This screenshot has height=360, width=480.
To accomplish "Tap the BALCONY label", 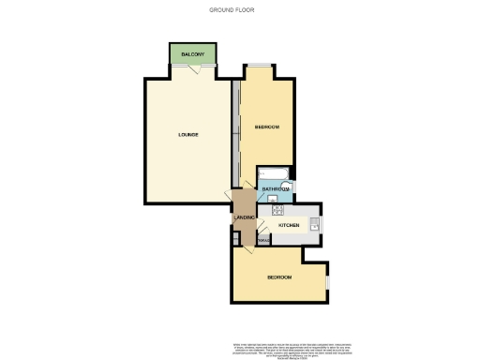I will click(x=193, y=55).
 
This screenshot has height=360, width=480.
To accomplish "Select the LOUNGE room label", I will click(x=188, y=135).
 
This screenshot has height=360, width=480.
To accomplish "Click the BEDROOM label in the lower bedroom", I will click(x=279, y=278).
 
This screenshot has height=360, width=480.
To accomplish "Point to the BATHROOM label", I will click(x=275, y=189).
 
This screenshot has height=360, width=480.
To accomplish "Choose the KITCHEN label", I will click(x=289, y=226).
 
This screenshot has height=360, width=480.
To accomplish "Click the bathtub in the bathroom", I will click(x=275, y=173).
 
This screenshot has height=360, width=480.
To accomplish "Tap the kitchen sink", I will click(x=317, y=223).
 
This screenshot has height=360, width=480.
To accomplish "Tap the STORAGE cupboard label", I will click(x=263, y=242).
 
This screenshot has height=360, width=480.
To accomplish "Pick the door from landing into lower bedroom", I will click(x=248, y=242).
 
